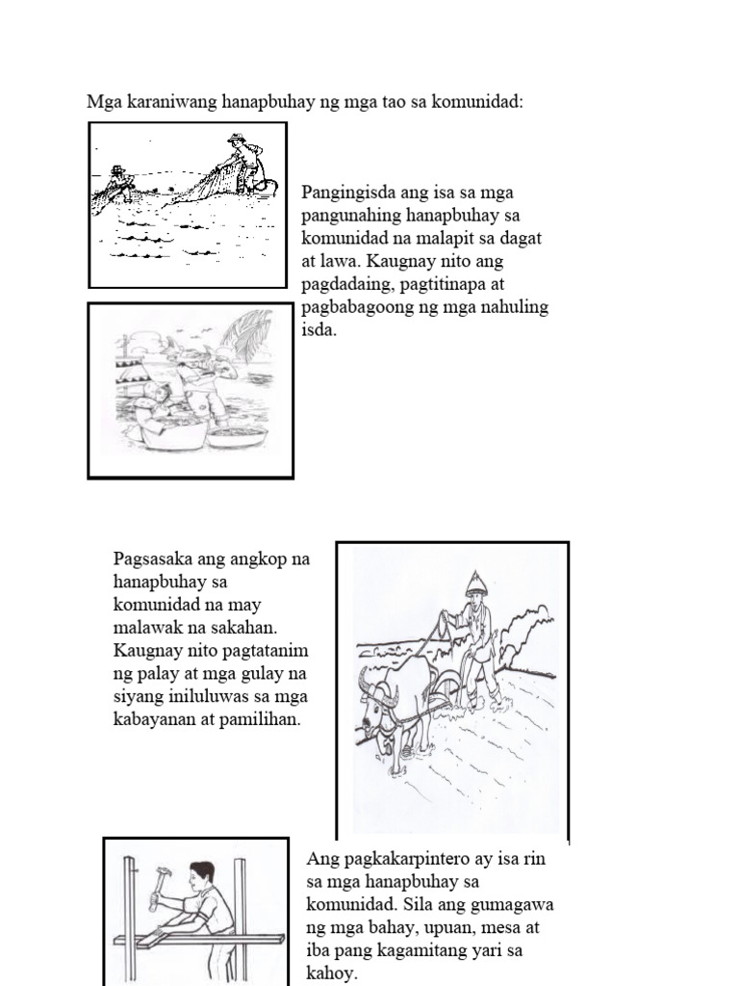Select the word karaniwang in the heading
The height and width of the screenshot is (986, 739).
click(166, 101)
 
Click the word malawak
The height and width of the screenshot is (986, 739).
click(147, 627)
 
